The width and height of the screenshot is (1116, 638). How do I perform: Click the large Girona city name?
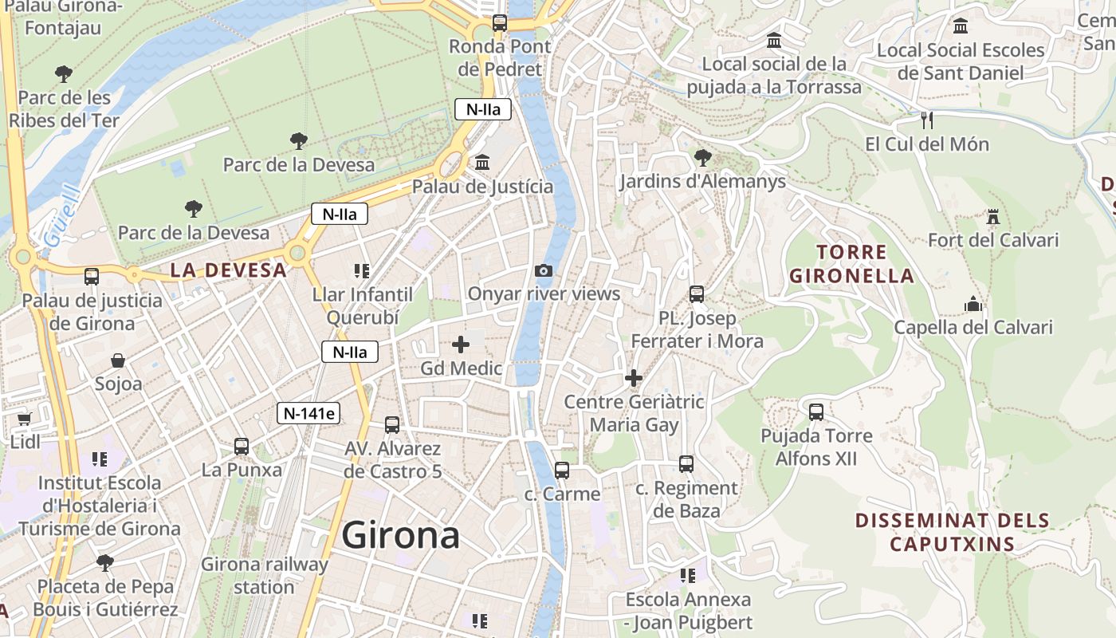(400, 535)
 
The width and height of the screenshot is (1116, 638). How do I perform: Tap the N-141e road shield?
(309, 413)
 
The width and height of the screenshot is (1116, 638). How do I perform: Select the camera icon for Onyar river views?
(544, 271)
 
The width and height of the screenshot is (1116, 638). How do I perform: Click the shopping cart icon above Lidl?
(24, 419)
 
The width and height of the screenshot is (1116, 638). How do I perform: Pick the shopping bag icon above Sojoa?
(118, 360)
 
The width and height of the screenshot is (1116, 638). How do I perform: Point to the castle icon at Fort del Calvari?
(992, 217)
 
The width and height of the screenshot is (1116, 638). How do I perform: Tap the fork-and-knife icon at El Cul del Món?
(926, 120)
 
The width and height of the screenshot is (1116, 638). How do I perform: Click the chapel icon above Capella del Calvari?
(973, 304)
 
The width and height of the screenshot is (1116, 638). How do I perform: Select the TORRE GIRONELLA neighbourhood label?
(851, 264)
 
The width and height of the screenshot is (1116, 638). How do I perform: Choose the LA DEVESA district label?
(228, 270)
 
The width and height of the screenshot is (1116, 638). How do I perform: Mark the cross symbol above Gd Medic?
(461, 345)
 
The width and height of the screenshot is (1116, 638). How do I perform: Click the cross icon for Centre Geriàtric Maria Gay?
(634, 378)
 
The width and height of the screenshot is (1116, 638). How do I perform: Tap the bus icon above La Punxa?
(242, 447)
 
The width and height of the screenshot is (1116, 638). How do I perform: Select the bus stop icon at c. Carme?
(562, 471)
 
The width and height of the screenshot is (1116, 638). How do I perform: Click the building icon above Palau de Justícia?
(482, 163)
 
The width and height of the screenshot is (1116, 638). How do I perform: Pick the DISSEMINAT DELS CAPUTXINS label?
(952, 533)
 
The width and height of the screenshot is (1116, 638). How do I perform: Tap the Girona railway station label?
(264, 576)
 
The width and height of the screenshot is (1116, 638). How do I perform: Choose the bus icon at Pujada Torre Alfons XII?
(816, 412)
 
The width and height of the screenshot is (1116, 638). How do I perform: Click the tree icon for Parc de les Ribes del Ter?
(64, 74)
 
